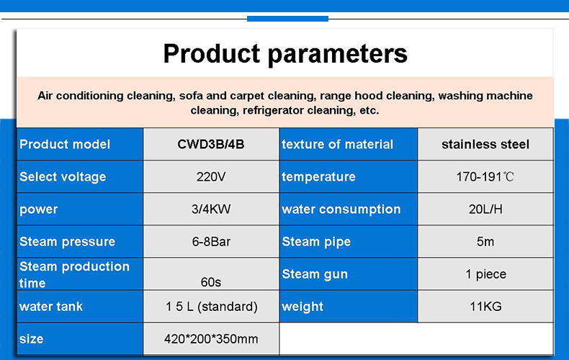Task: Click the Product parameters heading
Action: click(x=285, y=54)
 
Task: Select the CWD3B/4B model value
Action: click(x=211, y=145)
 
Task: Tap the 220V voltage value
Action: click(x=211, y=176)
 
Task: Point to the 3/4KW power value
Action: click(x=211, y=209)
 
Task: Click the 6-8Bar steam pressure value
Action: click(x=211, y=242)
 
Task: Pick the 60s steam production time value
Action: click(x=211, y=282)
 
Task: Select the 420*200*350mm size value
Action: click(x=211, y=339)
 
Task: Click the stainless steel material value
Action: click(x=485, y=145)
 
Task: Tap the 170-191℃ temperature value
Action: click(x=485, y=176)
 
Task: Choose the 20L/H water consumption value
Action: click(x=485, y=209)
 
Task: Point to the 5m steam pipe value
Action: click(x=485, y=242)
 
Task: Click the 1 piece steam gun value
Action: click(x=485, y=274)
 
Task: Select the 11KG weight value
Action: click(x=485, y=307)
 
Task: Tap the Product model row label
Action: click(x=65, y=145)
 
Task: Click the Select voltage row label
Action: click(x=63, y=177)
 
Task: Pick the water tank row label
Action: click(x=51, y=307)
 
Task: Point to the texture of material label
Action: click(x=338, y=145)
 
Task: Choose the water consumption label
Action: click(x=341, y=210)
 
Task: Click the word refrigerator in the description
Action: click(x=273, y=110)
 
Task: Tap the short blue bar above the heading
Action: click(x=288, y=19)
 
